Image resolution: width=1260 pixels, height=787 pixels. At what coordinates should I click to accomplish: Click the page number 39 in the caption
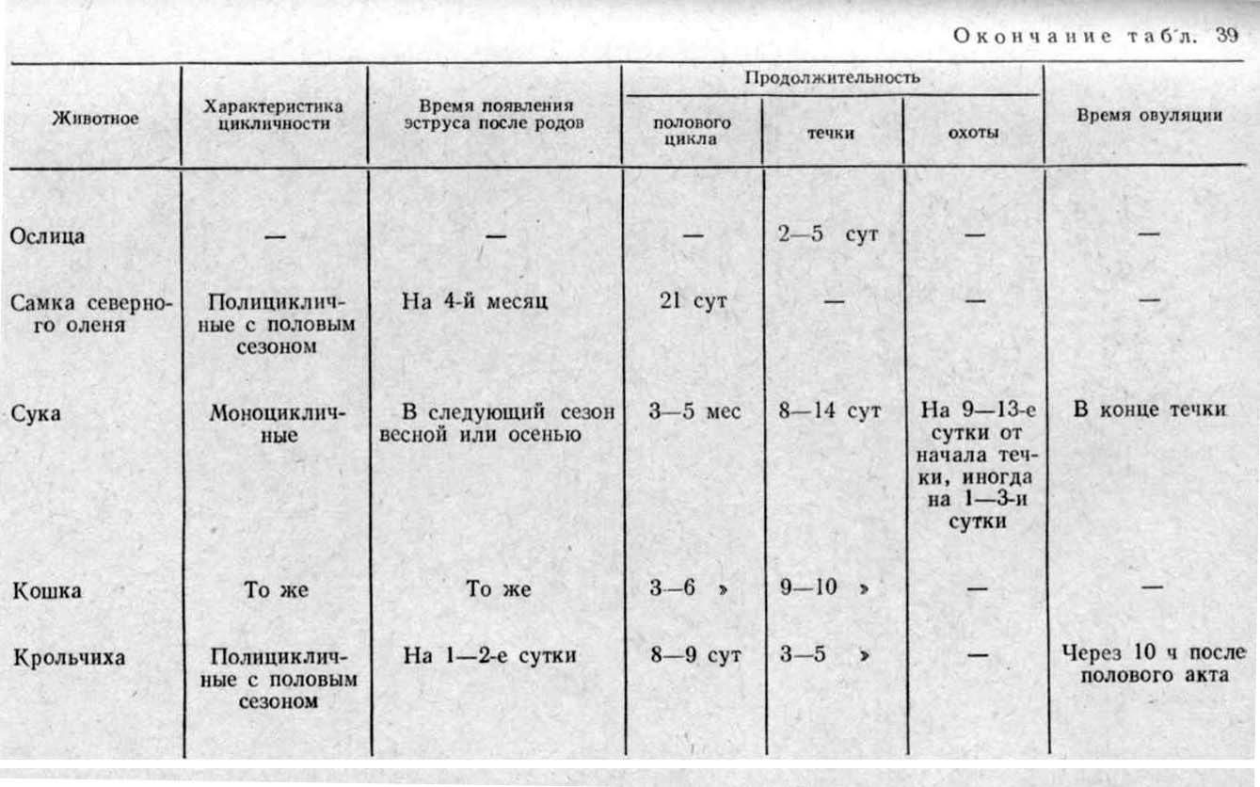point(1227,37)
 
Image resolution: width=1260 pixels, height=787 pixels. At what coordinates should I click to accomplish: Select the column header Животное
point(95,119)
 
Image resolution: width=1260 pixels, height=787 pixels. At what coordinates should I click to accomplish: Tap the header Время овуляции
point(1149,116)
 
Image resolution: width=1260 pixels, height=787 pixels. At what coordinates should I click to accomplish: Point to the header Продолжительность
point(832,78)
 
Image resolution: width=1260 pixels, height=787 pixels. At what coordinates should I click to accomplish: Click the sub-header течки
point(831,133)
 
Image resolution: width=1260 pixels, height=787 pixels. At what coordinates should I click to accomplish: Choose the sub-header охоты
point(973,133)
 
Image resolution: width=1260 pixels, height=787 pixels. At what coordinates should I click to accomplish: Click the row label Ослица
point(47,235)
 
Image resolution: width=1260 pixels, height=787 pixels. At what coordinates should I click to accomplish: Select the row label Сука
point(36,411)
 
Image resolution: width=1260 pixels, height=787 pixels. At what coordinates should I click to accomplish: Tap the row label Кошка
point(46,590)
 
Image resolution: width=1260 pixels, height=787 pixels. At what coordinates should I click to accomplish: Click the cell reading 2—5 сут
point(828,234)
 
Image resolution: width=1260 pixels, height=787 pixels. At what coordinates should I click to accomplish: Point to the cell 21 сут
point(693,302)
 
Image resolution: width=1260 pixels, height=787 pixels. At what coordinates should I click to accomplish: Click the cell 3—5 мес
point(694,411)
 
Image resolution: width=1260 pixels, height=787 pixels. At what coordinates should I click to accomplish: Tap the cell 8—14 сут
point(830,411)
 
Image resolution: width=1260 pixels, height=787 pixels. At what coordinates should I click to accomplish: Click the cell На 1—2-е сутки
point(489,655)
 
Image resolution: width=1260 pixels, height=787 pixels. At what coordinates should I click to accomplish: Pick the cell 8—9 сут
point(694,655)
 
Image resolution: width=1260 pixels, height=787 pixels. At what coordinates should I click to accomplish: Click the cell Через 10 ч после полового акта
point(1152,664)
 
